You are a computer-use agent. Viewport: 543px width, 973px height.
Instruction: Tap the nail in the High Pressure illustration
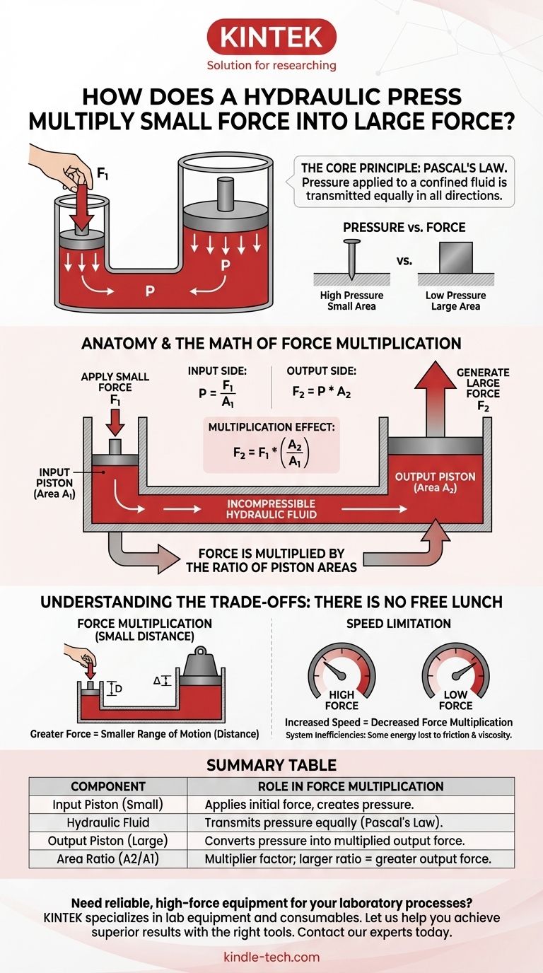(349, 259)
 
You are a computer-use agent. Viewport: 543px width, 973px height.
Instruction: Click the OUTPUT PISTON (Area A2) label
(435, 483)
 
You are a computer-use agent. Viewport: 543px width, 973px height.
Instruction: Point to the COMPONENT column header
(108, 786)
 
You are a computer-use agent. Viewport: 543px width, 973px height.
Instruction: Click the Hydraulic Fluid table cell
(108, 822)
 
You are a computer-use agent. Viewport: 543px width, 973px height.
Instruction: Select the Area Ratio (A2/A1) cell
(108, 858)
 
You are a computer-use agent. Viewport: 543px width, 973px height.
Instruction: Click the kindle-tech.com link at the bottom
(271, 957)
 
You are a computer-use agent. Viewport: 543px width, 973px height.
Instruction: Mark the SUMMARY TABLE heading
(271, 765)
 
